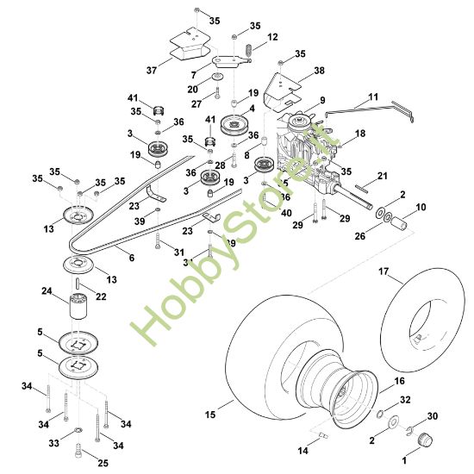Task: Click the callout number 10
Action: point(421,208)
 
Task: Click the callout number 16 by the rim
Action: point(399,379)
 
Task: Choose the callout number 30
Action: point(433,415)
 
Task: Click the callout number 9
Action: point(321,101)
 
